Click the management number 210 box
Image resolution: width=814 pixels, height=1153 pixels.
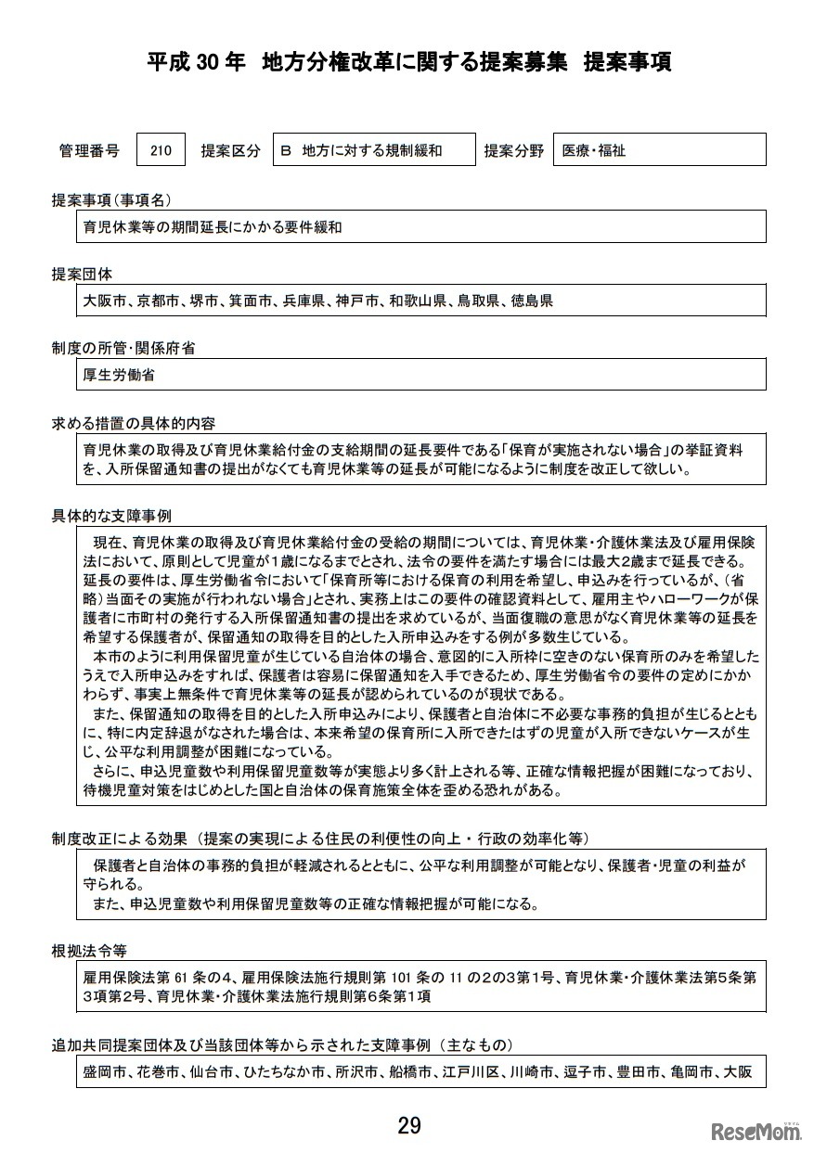[x=161, y=150]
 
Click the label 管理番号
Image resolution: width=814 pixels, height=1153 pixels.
[x=89, y=150]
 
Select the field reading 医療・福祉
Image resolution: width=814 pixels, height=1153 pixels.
[x=658, y=150]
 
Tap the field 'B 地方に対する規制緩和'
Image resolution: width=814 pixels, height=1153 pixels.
[x=371, y=150]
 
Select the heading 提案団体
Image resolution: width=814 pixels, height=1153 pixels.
[x=82, y=275]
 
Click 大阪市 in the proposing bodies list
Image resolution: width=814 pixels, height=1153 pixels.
[x=101, y=301]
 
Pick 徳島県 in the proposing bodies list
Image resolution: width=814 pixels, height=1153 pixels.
[x=532, y=301]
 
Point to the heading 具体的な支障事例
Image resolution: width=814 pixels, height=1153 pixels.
[x=111, y=516]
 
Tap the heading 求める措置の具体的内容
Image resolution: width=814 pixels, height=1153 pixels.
[x=134, y=424]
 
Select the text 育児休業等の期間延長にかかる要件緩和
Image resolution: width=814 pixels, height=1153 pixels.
[x=206, y=226]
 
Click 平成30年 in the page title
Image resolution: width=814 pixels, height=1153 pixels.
[x=197, y=62]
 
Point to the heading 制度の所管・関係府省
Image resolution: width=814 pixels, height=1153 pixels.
[x=123, y=349]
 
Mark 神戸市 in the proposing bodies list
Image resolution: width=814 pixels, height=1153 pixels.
[x=357, y=301]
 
